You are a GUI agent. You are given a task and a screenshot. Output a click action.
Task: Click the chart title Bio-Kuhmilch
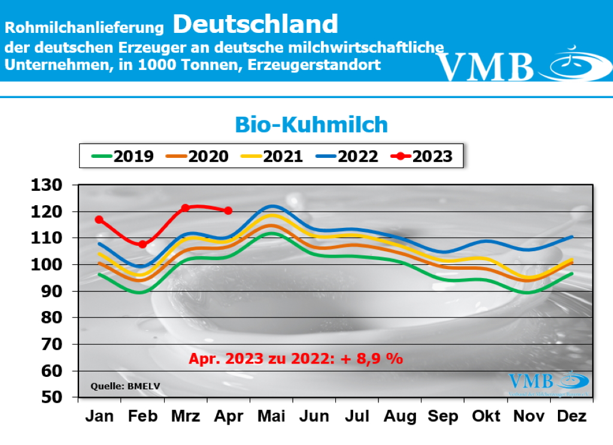[311, 124]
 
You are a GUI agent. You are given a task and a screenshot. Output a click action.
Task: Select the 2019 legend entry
[123, 157]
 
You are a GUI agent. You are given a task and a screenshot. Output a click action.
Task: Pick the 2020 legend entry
[198, 157]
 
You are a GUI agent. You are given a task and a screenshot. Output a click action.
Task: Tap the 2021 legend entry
[272, 157]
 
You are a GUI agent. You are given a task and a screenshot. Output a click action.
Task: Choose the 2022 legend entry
[347, 157]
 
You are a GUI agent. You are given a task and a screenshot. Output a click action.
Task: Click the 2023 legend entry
[421, 157]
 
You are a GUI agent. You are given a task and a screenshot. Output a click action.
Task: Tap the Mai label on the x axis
[272, 416]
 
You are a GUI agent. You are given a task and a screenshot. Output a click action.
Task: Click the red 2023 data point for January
[99, 220]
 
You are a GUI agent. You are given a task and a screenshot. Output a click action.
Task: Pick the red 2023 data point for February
[142, 244]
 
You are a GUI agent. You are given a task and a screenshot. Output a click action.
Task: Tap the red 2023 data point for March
[186, 208]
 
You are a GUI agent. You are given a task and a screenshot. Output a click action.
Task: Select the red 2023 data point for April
[228, 210]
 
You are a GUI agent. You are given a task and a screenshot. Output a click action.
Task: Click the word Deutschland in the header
[256, 24]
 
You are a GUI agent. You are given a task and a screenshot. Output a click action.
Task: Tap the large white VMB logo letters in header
[485, 65]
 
